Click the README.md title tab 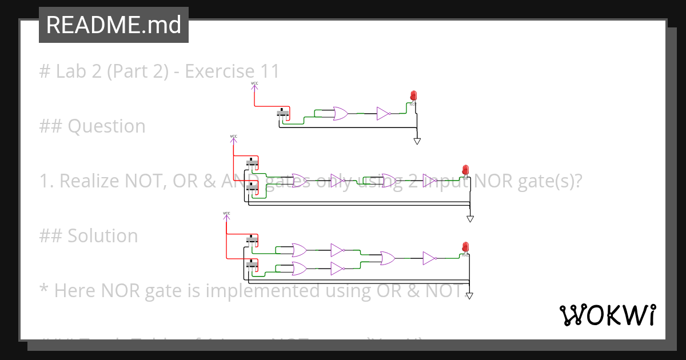pyautogui.click(x=113, y=25)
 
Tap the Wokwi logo pyautogui.click(x=607, y=315)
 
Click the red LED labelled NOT pyautogui.click(x=413, y=96)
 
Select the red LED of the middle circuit pyautogui.click(x=465, y=170)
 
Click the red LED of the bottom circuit pyautogui.click(x=465, y=247)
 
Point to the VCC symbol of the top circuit pyautogui.click(x=254, y=85)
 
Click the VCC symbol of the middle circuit pyautogui.click(x=233, y=137)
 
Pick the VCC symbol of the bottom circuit pyautogui.click(x=226, y=214)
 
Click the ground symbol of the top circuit pyautogui.click(x=417, y=141)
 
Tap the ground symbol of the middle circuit pyautogui.click(x=470, y=218)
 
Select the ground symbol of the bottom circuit pyautogui.click(x=469, y=295)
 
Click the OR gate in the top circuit pyautogui.click(x=340, y=114)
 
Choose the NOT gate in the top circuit pyautogui.click(x=383, y=114)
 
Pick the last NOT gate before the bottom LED pyautogui.click(x=430, y=258)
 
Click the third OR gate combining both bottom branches pyautogui.click(x=388, y=258)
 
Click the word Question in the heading pyautogui.click(x=106, y=126)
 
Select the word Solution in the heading pyautogui.click(x=103, y=236)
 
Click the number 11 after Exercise pyautogui.click(x=269, y=71)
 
